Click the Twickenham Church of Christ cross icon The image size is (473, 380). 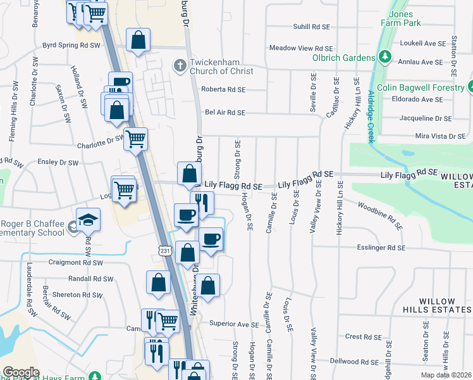180,65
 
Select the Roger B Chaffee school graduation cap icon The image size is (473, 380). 89,220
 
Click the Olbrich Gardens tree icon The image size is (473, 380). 384,58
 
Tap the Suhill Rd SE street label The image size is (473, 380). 310,27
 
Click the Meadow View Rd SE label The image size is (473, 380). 300,48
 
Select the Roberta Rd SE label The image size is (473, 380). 223,90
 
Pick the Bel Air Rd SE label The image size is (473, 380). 224,113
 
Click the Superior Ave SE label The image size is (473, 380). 234,324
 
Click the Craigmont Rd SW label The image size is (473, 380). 75,262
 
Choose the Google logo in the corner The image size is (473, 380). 21,372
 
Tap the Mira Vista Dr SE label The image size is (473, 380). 440,136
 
